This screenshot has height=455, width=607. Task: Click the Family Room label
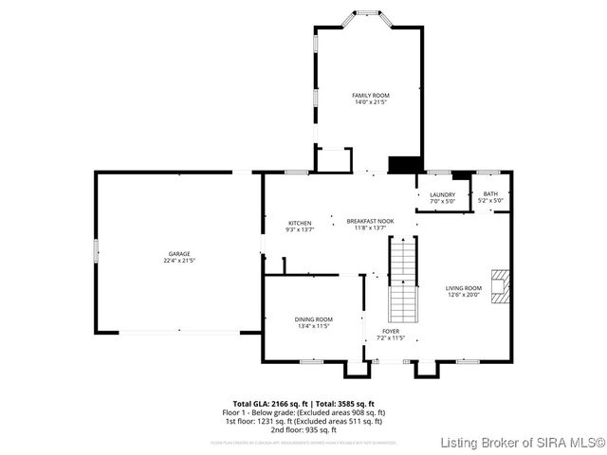[370, 96]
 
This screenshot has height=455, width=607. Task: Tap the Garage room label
[179, 253]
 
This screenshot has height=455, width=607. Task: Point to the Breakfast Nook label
[369, 221]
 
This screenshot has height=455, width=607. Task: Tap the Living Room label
[464, 288]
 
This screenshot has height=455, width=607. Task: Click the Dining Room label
[313, 319]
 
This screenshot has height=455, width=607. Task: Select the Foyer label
[390, 331]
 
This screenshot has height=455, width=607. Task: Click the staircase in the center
[404, 280]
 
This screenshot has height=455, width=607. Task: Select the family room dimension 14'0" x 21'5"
[370, 102]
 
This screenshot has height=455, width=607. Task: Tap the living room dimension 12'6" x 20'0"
[464, 295]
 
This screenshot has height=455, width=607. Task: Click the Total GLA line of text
[303, 403]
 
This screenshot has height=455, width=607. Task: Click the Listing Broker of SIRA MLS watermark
[524, 443]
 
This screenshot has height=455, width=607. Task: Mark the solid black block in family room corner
[405, 164]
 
